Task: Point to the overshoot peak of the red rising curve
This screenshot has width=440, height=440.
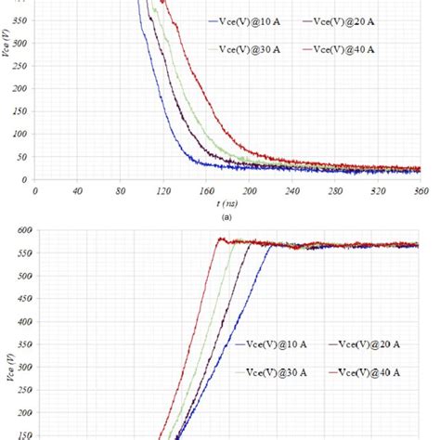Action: point(220,239)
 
